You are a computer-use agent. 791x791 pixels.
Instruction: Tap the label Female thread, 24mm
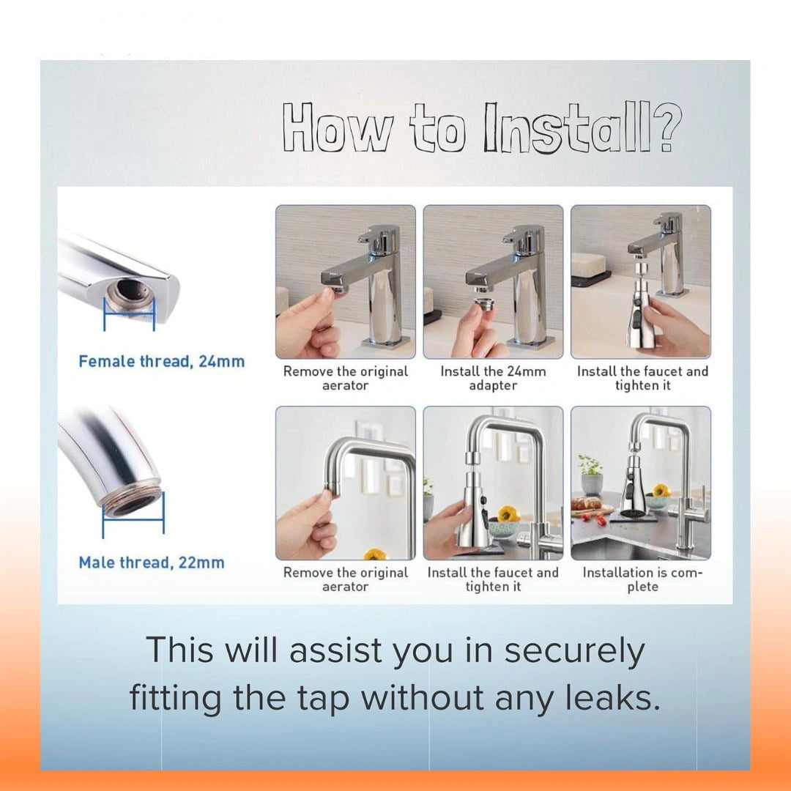[x=161, y=361]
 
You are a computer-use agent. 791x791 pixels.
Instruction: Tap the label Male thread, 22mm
[x=152, y=562]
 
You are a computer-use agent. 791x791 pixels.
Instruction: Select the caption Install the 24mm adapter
[x=493, y=379]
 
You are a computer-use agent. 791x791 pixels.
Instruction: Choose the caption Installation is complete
[x=642, y=579]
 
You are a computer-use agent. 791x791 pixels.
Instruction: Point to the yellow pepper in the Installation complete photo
[x=660, y=490]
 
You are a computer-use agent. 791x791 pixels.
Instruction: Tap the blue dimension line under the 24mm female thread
[x=129, y=313]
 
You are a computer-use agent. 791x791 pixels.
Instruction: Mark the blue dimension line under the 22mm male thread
[x=133, y=518]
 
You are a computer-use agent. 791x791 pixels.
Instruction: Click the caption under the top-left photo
[x=346, y=379]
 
